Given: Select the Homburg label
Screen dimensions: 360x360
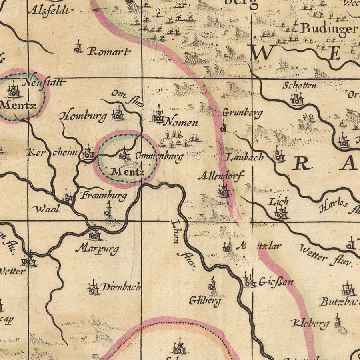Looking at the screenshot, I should tap(83, 116).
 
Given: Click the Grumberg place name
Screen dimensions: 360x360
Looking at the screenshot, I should tap(242, 113).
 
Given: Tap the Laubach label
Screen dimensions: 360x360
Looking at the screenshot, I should tap(245, 157).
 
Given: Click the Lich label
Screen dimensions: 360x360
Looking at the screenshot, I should tap(279, 202).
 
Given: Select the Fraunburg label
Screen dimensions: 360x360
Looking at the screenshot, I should tap(103, 196).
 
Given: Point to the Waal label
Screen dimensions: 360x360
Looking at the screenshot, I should tap(46, 208).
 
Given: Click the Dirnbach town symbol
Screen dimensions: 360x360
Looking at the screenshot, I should tap(93, 288).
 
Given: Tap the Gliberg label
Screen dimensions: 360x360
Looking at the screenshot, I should tap(204, 300).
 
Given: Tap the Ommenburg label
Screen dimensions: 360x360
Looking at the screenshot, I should tap(159, 156).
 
